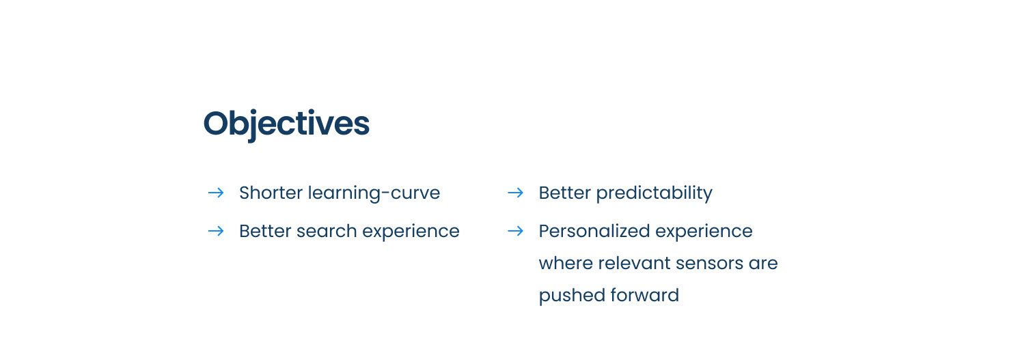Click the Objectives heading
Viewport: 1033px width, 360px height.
[286, 124]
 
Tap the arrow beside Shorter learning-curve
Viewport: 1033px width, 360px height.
[216, 193]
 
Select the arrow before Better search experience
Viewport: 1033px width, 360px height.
[216, 231]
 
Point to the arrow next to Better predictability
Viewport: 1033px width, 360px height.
[516, 193]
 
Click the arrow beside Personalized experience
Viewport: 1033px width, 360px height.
[516, 231]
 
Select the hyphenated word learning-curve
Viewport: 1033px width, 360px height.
[374, 193]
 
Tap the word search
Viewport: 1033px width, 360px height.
[327, 231]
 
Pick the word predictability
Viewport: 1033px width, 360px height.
[654, 193]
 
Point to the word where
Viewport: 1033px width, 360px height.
[566, 263]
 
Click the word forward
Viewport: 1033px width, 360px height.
[645, 295]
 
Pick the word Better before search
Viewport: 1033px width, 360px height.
[265, 231]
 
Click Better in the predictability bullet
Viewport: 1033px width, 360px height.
[565, 193]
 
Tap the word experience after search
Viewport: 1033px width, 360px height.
[411, 232]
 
